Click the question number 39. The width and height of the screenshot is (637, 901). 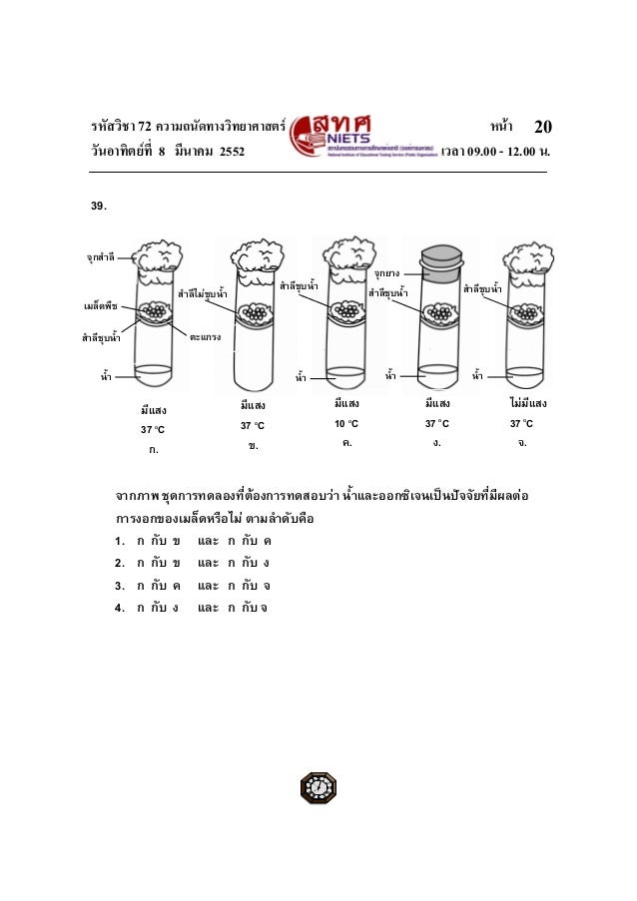coord(99,207)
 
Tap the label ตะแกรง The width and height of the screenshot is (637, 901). coord(205,337)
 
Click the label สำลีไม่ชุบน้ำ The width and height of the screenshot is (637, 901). coord(202,294)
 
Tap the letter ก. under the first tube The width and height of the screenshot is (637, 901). coord(153,451)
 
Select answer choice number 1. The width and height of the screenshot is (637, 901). coord(119,542)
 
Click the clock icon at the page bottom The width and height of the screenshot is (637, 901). coord(318,786)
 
